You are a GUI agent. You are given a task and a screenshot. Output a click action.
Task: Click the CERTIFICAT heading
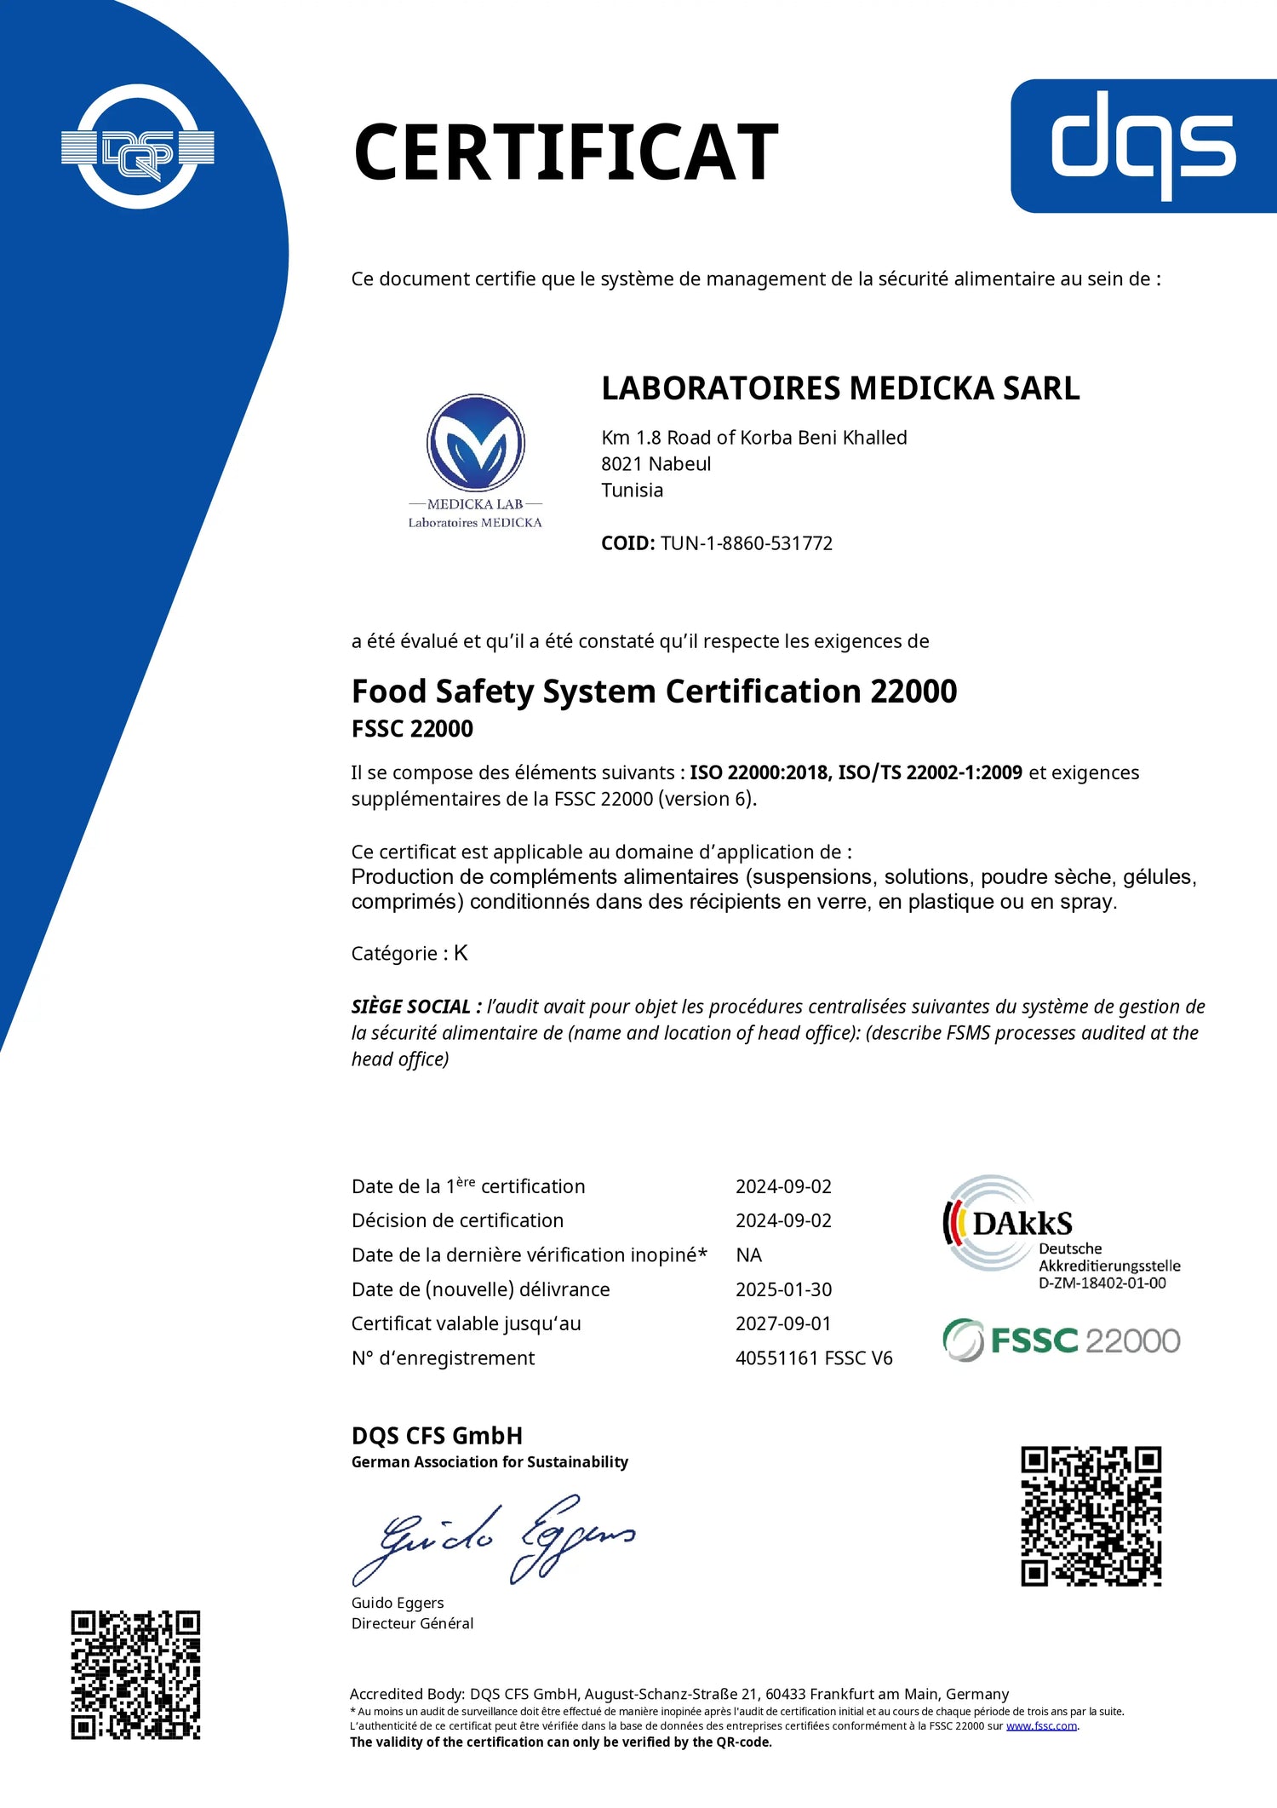pyautogui.click(x=565, y=152)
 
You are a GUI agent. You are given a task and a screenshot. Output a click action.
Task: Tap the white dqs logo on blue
pyautogui.click(x=1143, y=146)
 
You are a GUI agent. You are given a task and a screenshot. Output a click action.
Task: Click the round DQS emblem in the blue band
pyautogui.click(x=138, y=147)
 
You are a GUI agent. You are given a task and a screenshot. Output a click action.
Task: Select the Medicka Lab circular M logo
pyautogui.click(x=475, y=443)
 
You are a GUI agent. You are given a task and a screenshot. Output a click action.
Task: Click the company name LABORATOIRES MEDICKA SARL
pyautogui.click(x=840, y=388)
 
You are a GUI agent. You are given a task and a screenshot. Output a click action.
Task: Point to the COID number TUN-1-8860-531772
pyautogui.click(x=746, y=543)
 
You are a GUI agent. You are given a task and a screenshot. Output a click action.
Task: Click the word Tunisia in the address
pyautogui.click(x=632, y=491)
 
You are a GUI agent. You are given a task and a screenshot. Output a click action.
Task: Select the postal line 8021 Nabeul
pyautogui.click(x=656, y=464)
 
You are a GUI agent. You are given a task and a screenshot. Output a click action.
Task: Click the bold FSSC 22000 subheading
pyautogui.click(x=412, y=729)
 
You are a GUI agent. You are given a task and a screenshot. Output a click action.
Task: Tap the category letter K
pyautogui.click(x=461, y=953)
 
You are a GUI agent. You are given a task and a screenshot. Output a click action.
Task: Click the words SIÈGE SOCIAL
pyautogui.click(x=411, y=1007)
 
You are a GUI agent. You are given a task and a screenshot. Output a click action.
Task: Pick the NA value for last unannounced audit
pyautogui.click(x=748, y=1255)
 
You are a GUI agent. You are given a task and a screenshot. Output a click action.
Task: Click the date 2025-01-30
pyautogui.click(x=783, y=1289)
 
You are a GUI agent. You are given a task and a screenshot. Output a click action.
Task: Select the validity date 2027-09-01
pyautogui.click(x=783, y=1323)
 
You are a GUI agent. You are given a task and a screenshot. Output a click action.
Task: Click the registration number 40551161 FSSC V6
pyautogui.click(x=814, y=1358)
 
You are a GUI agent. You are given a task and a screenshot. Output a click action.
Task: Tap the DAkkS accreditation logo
pyautogui.click(x=1060, y=1231)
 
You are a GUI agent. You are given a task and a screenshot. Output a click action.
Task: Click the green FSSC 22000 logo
pyautogui.click(x=1061, y=1340)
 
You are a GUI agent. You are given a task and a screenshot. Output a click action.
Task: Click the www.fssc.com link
pyautogui.click(x=1041, y=1726)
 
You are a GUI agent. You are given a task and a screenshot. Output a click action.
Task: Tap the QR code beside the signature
pyautogui.click(x=1091, y=1516)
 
